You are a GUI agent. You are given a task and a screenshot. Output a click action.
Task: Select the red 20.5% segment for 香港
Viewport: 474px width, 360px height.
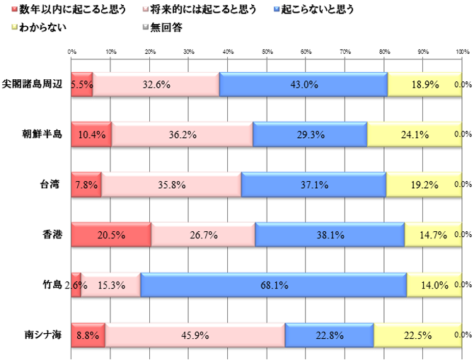coord(112,235)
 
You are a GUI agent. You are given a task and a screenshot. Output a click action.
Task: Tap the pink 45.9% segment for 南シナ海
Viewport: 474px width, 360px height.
coord(195,335)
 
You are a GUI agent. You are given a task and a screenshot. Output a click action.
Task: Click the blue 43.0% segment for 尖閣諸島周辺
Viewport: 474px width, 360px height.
coord(304,84)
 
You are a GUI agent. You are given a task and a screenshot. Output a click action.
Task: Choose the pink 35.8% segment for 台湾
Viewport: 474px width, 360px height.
coord(171,185)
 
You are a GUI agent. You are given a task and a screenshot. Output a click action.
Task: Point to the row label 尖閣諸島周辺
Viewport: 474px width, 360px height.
coord(33,84)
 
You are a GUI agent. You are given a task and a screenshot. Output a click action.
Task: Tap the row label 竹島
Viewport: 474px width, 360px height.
coord(52,285)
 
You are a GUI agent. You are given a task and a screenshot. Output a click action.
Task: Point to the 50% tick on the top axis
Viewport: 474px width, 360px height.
coord(267,52)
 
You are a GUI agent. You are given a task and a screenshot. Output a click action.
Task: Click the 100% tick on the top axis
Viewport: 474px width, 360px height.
coord(462,52)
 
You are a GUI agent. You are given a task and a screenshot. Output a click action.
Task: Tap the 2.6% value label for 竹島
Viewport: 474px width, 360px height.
coord(75,285)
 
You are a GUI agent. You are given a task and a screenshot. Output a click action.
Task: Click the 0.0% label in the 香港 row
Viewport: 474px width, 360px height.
coord(463,235)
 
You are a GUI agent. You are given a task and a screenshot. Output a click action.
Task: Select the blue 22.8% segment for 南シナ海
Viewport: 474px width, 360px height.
coord(329,335)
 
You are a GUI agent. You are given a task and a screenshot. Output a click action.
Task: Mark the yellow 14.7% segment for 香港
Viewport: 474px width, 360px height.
coord(433,235)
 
